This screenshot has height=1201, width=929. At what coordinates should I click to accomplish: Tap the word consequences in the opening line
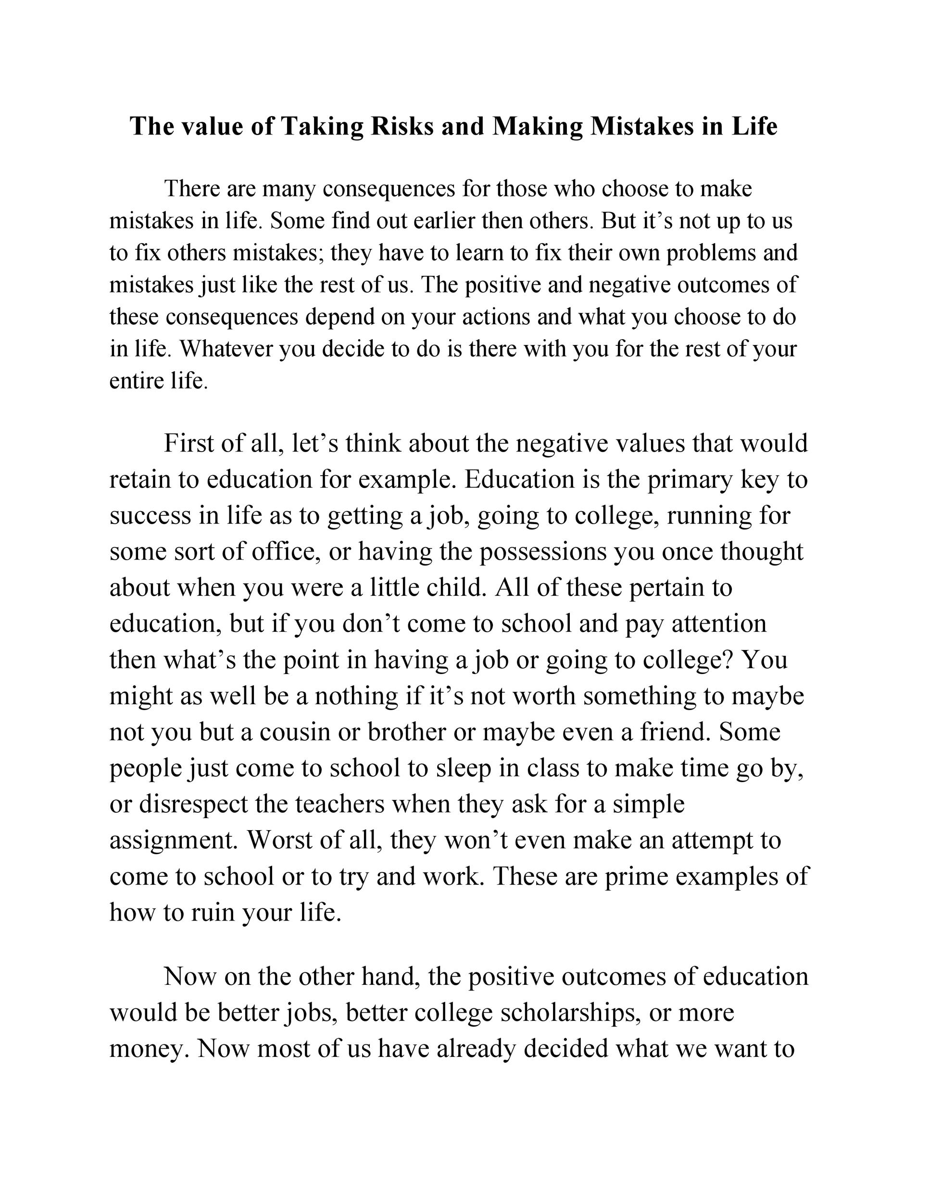389,189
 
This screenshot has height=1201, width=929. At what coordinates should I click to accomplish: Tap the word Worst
279,840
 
